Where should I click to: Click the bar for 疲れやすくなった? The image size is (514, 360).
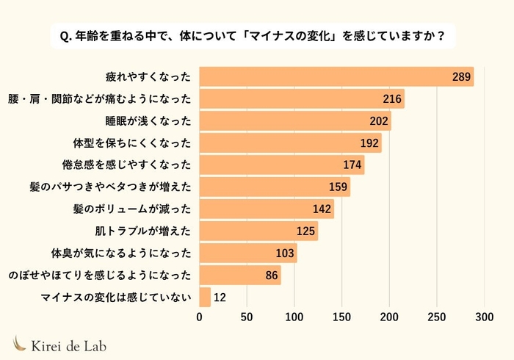[336, 76]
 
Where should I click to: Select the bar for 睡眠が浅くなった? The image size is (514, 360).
[295, 120]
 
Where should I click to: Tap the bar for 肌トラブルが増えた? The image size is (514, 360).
[258, 231]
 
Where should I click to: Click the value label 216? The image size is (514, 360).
[393, 98]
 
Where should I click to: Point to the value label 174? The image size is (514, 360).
[352, 165]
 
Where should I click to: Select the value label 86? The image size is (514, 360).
[270, 276]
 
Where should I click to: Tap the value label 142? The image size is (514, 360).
[322, 209]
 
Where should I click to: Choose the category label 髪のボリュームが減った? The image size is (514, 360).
[132, 209]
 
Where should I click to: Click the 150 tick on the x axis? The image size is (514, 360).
[342, 317]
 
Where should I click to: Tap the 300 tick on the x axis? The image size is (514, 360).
[484, 317]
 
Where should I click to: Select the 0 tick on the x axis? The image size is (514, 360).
[200, 317]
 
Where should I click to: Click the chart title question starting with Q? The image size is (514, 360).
[257, 35]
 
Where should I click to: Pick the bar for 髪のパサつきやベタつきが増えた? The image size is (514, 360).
[275, 187]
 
